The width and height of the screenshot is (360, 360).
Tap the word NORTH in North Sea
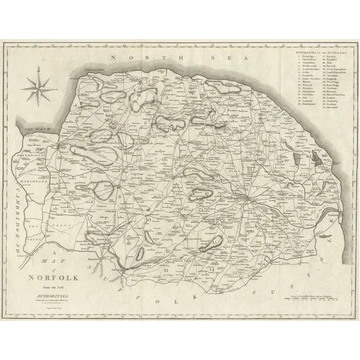129,58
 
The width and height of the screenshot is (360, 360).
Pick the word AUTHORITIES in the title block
51,296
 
